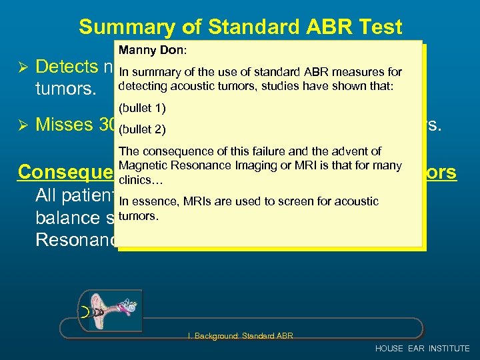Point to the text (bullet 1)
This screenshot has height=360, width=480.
[142, 107]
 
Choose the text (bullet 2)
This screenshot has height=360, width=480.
[142, 129]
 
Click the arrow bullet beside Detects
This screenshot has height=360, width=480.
[22, 67]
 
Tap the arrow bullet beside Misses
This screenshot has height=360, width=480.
[22, 125]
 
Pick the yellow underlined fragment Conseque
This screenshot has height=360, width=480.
[67, 172]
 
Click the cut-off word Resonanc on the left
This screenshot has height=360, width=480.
[75, 240]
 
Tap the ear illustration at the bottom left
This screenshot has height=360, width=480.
[109, 311]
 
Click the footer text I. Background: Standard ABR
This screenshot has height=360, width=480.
[241, 335]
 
